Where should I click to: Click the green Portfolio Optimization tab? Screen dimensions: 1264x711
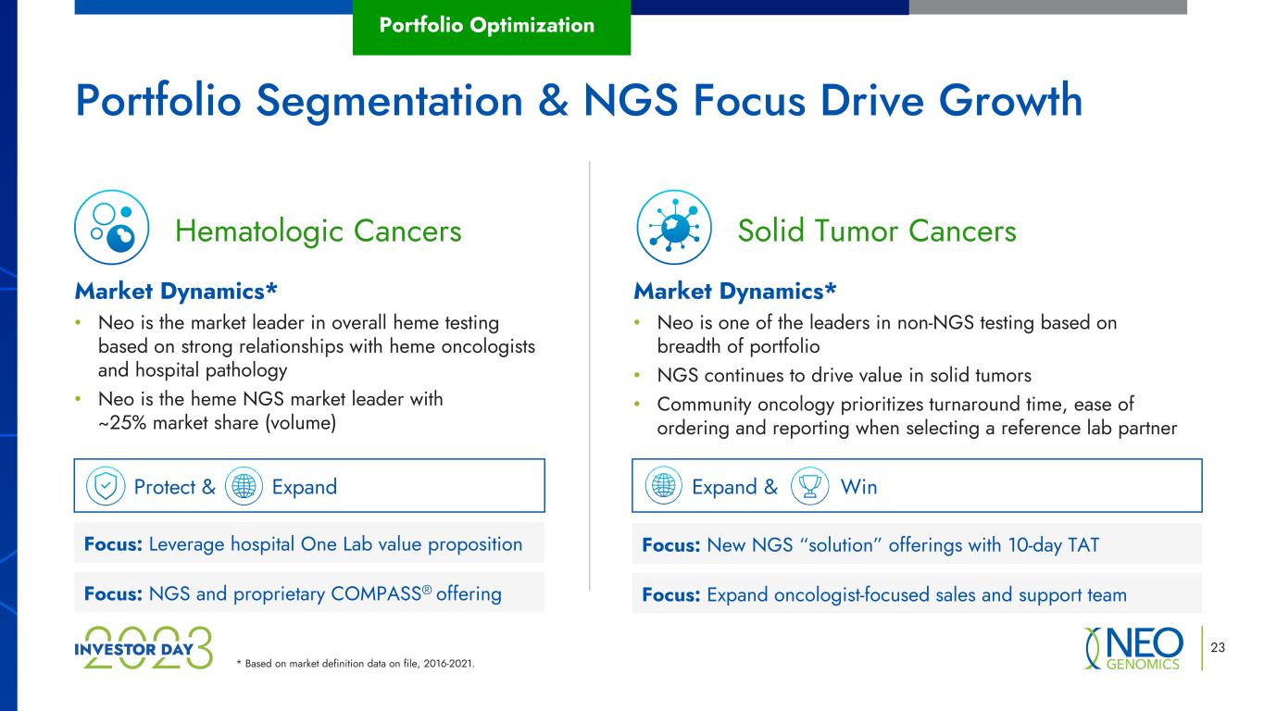492,27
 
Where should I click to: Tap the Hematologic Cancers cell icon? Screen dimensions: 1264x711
112,228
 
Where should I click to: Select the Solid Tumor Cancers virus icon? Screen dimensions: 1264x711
674,228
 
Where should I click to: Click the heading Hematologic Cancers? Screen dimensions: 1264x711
319,231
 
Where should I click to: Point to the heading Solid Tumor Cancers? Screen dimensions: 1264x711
877,231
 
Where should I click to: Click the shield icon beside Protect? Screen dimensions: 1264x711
106,486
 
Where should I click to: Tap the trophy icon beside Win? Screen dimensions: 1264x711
809,486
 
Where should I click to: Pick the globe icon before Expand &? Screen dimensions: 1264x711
664,485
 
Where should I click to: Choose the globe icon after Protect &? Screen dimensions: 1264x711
244,486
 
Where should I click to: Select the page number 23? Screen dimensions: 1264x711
1218,647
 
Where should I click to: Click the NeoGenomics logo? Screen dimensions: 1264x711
1133,648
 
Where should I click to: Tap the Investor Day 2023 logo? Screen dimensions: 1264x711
144,648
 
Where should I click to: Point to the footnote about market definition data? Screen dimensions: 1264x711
356,664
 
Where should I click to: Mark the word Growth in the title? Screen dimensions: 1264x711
1010,100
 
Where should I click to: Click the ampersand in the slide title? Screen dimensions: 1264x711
553,101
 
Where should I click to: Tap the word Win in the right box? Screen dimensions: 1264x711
858,486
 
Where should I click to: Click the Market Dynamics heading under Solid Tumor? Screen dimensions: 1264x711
734,292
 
